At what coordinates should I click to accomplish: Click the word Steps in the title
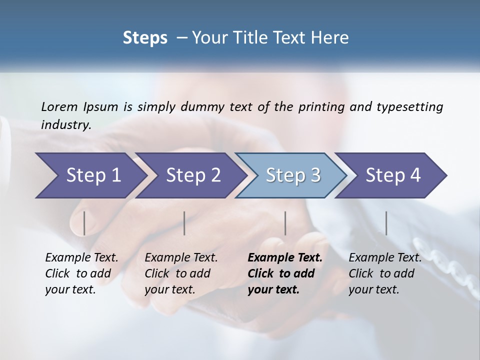coord(145,37)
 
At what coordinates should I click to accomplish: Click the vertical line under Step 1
coord(84,223)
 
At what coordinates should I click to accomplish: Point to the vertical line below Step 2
coord(184,223)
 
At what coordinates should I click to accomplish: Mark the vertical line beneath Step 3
coord(285,223)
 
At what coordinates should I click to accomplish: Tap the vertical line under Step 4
coord(386,223)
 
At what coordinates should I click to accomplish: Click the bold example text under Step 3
coord(285,273)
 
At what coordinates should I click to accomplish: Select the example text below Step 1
coord(81,273)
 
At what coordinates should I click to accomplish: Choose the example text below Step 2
coord(181,273)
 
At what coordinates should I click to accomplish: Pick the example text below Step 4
coord(385,273)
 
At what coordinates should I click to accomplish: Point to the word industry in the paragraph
coord(66,124)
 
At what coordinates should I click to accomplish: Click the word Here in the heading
coord(332,37)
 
